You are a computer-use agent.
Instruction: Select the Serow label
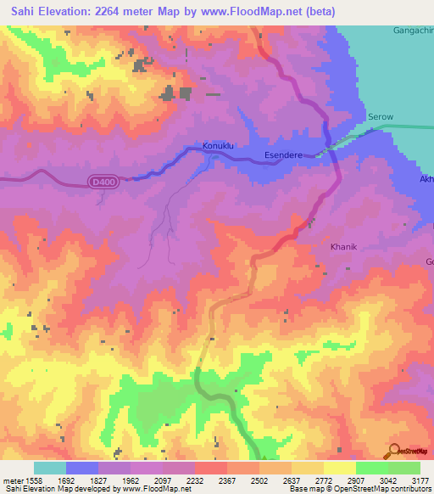click(x=381, y=116)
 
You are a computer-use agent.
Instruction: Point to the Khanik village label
click(x=344, y=248)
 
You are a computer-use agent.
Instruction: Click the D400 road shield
click(x=102, y=181)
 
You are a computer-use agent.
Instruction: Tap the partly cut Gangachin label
click(x=413, y=31)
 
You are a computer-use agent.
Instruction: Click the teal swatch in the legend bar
click(x=50, y=468)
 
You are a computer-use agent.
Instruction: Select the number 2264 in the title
click(x=120, y=12)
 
